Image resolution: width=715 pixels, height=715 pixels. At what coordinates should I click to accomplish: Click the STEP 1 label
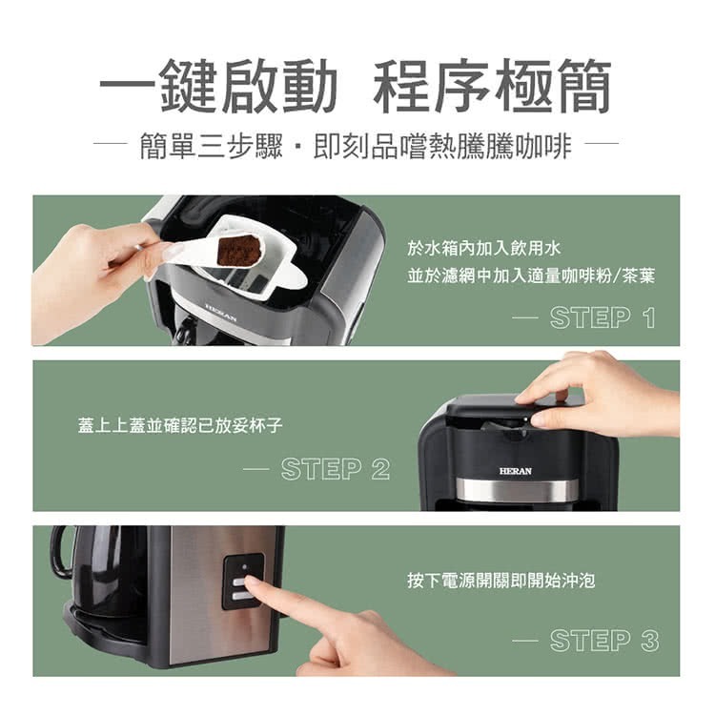[603, 317]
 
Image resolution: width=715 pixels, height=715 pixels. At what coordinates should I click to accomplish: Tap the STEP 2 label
[335, 468]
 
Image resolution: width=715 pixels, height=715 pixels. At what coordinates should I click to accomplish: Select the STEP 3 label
[603, 641]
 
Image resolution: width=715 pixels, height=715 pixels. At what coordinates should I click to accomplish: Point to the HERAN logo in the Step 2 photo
[516, 471]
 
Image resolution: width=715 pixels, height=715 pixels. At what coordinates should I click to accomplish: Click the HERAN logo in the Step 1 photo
[220, 310]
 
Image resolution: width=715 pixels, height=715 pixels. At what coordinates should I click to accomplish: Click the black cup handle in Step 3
[62, 553]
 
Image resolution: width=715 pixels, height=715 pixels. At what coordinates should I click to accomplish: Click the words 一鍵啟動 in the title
[219, 88]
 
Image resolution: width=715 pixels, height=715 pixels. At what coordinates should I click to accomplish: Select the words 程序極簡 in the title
[492, 88]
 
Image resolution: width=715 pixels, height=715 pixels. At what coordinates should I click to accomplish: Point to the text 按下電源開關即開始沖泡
[500, 580]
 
